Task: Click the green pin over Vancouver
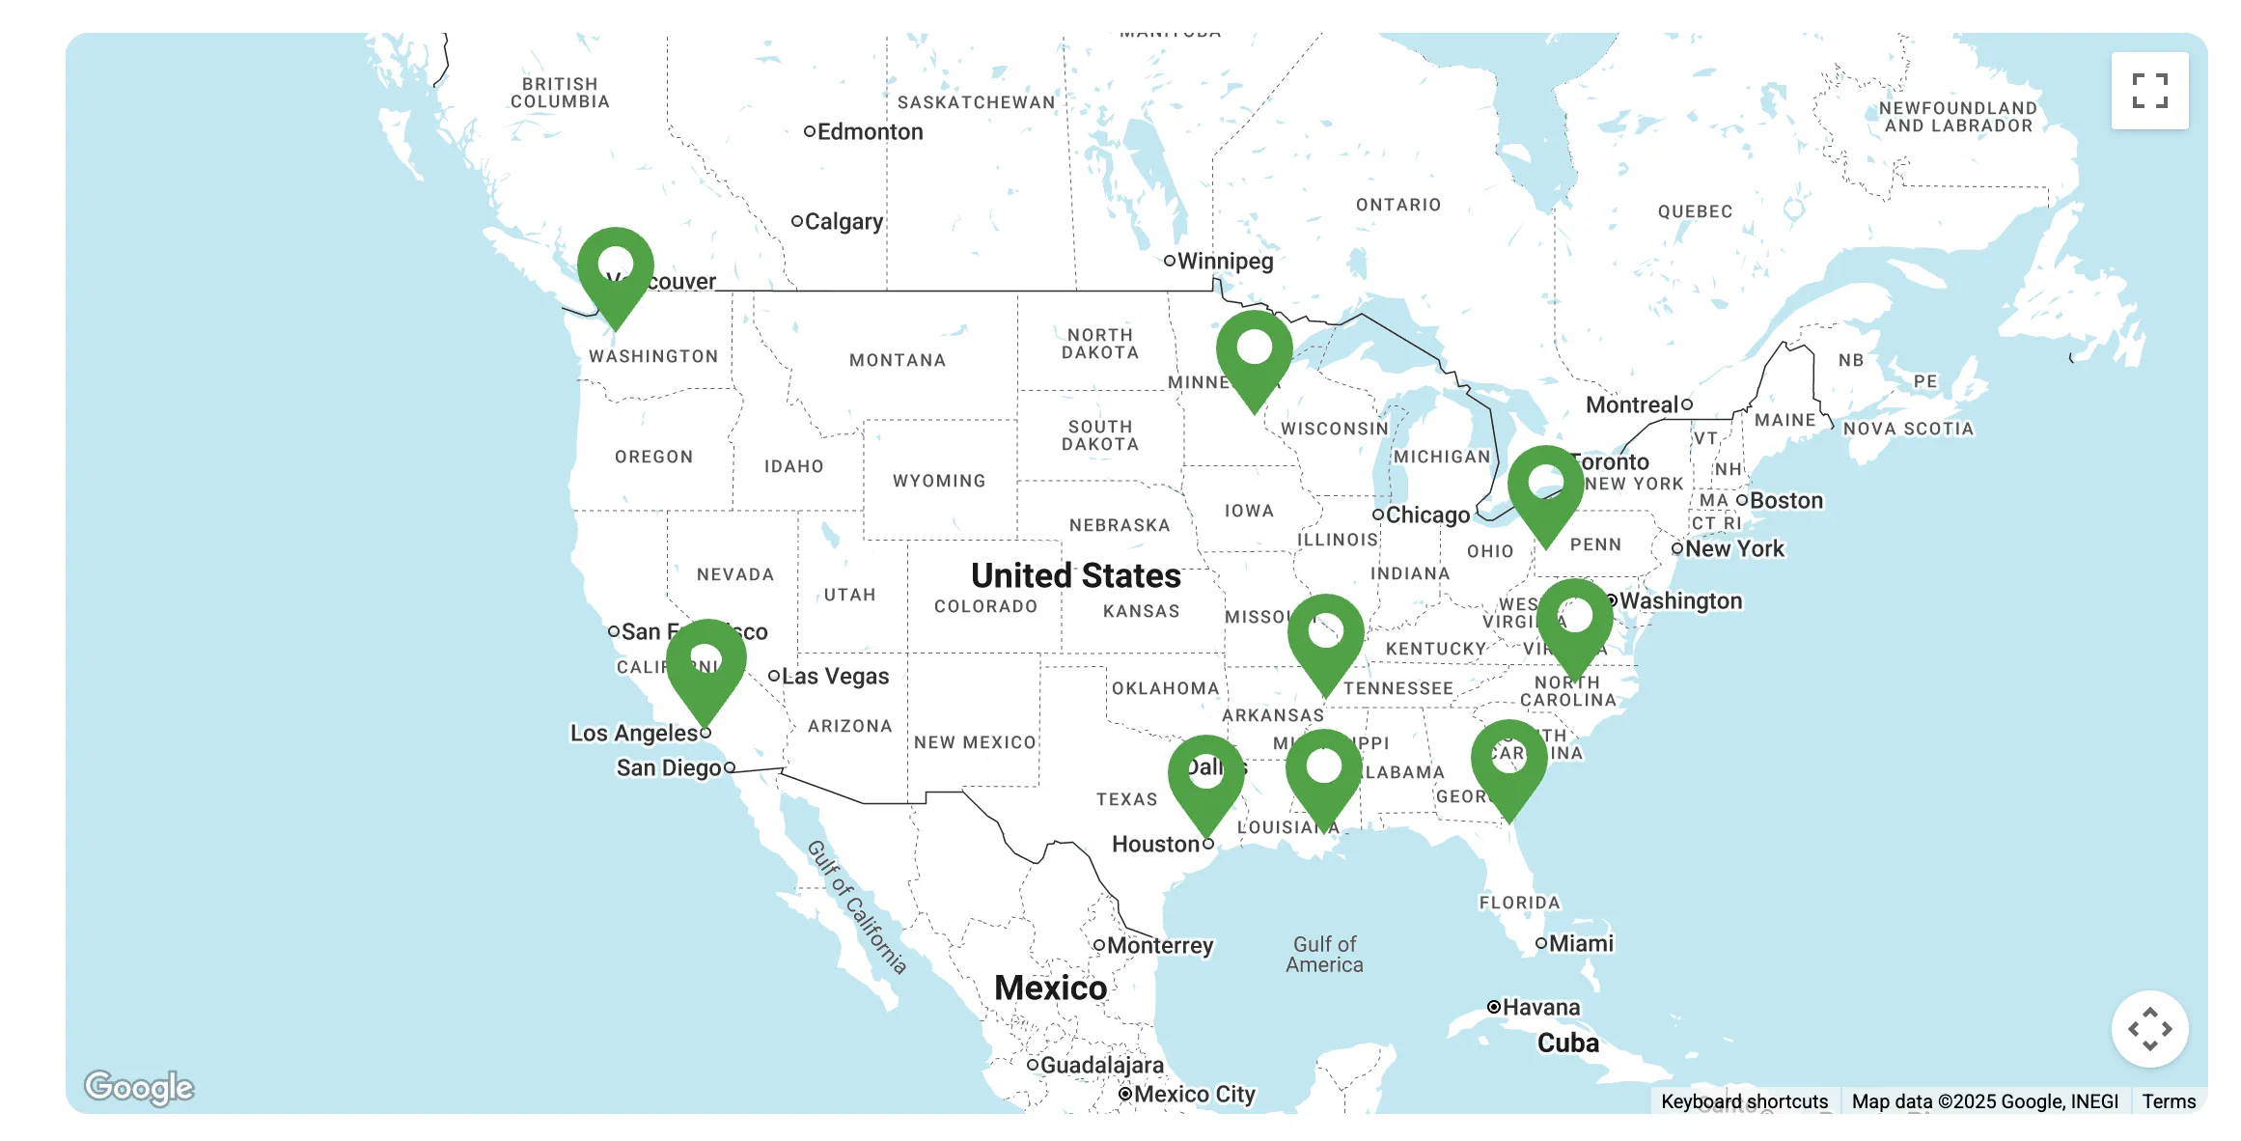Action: [616, 270]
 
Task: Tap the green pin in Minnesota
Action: [1254, 353]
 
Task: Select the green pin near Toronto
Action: [1545, 488]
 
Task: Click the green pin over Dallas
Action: [1205, 778]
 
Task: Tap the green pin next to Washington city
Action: [1574, 622]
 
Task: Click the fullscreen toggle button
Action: [2149, 91]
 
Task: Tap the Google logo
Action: [139, 1087]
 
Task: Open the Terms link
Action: [2169, 1101]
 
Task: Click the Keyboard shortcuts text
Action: [1744, 1101]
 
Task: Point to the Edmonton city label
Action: [869, 131]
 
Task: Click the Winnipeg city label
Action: [1224, 261]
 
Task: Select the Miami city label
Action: [1580, 943]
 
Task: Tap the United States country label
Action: [1075, 575]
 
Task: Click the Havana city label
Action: [1540, 1007]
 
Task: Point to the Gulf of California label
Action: [857, 907]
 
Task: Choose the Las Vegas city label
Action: [834, 676]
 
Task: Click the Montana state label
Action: [897, 360]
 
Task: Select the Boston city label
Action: [1785, 500]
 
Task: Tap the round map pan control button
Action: [2149, 1029]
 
